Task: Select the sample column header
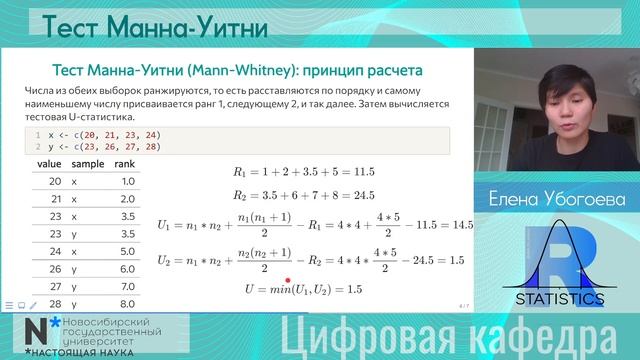[87, 163]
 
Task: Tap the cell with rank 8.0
[127, 302]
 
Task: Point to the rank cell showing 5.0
[127, 250]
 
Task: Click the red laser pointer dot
[288, 282]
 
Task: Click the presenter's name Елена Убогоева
[557, 200]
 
